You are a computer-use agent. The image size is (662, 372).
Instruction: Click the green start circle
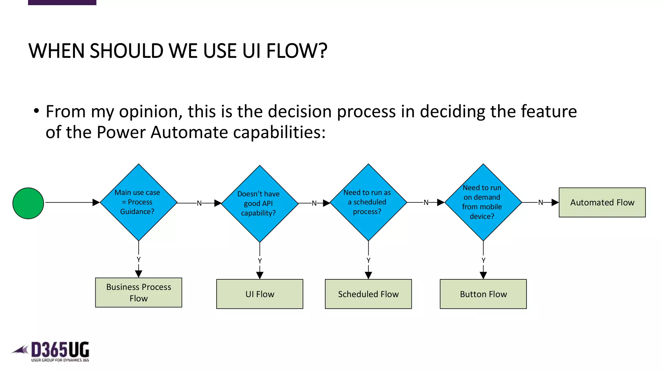click(28, 203)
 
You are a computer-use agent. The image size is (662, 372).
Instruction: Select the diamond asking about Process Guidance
click(138, 202)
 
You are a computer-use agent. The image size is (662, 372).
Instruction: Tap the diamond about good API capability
click(259, 203)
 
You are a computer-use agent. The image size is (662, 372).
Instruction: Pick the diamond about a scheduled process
click(368, 202)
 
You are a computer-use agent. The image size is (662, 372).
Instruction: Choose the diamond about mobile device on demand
click(483, 202)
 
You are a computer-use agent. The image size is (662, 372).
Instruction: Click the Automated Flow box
click(602, 202)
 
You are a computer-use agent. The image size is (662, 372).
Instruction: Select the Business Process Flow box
click(138, 293)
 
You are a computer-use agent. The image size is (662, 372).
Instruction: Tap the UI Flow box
click(259, 294)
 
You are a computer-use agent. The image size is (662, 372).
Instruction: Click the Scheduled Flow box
click(368, 294)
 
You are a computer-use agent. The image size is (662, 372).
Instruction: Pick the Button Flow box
click(483, 294)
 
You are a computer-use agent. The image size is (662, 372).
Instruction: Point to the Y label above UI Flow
click(260, 261)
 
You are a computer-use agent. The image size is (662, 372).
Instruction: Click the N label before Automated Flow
click(540, 202)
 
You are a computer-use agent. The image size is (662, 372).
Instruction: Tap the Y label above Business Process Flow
click(138, 259)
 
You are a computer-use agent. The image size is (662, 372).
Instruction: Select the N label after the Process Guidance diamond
click(199, 203)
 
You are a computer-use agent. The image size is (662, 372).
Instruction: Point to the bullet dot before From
click(36, 111)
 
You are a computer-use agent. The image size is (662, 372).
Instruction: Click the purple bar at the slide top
click(62, 2)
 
